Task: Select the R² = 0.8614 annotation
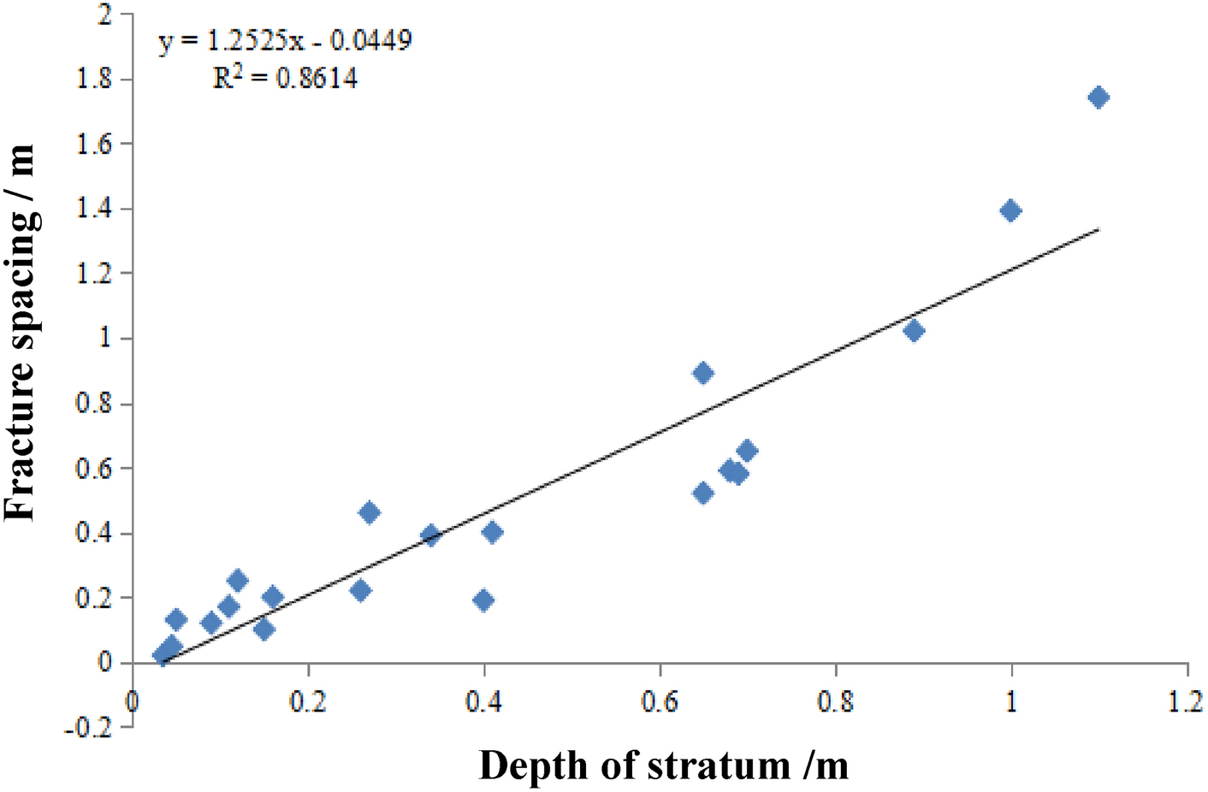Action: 286,79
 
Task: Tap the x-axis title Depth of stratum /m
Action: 664,765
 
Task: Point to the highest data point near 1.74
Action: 1098,98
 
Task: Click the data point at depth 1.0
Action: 1010,211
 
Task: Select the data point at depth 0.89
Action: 914,331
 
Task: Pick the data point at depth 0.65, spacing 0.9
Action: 703,373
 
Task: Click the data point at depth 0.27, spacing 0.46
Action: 370,513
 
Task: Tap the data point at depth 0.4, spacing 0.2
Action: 483,600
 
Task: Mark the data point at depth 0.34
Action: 430,535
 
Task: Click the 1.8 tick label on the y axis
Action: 95,79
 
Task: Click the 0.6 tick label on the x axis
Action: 660,702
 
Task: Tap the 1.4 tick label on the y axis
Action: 95,209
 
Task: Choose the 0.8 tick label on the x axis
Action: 836,702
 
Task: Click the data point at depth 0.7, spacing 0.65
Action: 747,451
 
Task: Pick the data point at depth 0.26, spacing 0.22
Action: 360,590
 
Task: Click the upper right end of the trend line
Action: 1098,229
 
